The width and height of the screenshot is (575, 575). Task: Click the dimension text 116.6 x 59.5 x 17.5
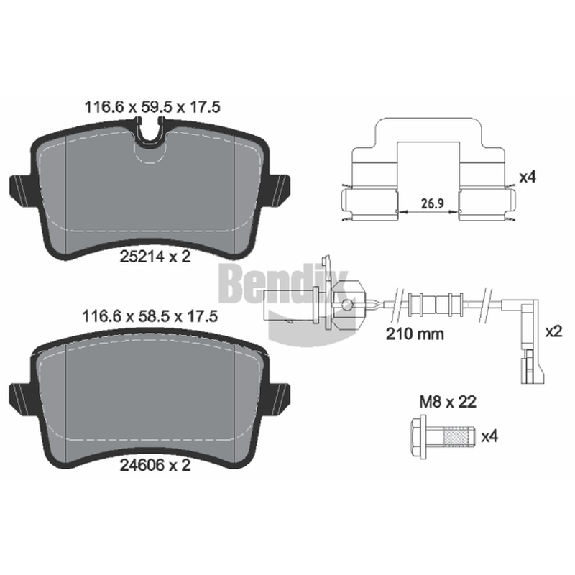[x=152, y=107]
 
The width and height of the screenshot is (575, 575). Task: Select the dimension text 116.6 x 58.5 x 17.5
[x=150, y=316]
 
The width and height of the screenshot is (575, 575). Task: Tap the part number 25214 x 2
[x=155, y=257]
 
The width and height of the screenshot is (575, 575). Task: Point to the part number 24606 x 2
[x=155, y=465]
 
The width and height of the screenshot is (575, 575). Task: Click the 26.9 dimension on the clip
[x=433, y=203]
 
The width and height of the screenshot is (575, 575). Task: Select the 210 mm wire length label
[x=415, y=333]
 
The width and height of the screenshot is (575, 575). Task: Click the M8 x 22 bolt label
[x=448, y=402]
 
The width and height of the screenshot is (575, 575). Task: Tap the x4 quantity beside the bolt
[x=489, y=436]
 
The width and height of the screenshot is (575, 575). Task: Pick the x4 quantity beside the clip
[x=528, y=177]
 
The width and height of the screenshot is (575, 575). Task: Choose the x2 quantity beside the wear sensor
[x=553, y=331]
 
